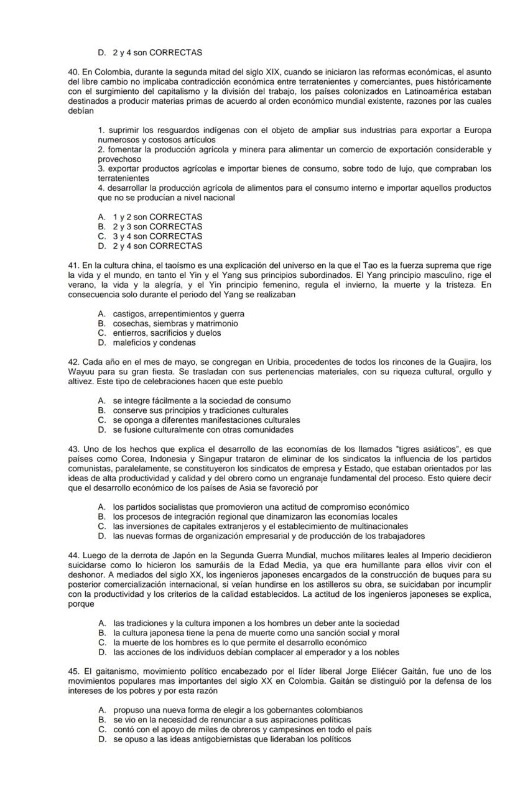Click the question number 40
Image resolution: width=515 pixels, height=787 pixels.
point(73,72)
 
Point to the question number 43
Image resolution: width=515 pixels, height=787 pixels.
point(73,449)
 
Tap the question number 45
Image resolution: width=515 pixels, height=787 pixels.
point(73,671)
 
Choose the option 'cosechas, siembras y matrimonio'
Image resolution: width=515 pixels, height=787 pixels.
point(175,324)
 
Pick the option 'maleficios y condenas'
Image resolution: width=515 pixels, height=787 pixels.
point(154,343)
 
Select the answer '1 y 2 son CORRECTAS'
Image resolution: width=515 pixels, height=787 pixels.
point(157,217)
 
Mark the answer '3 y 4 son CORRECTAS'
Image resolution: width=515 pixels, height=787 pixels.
point(157,236)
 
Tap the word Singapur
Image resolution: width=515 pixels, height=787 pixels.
point(178,459)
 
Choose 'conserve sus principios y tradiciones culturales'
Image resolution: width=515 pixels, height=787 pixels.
point(200,410)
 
